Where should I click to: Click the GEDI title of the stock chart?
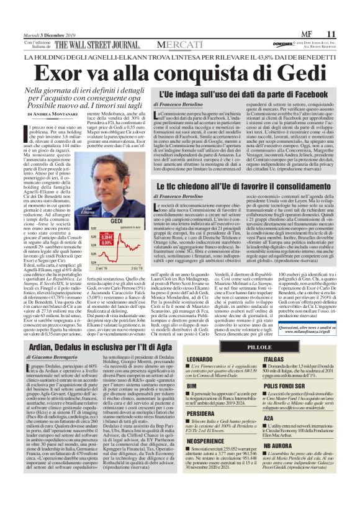pyautogui.click(x=115, y=221)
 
